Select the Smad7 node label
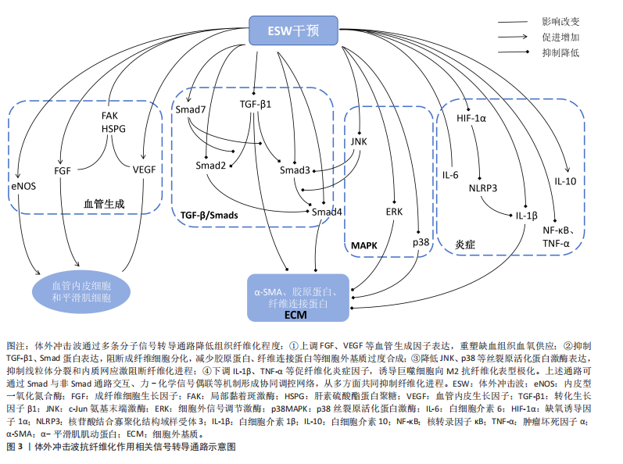191,109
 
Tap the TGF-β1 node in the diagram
256,104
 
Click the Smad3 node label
295,170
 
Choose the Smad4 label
327,212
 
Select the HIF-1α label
471,119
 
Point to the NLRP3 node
483,187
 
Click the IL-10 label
565,181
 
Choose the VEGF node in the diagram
144,169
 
